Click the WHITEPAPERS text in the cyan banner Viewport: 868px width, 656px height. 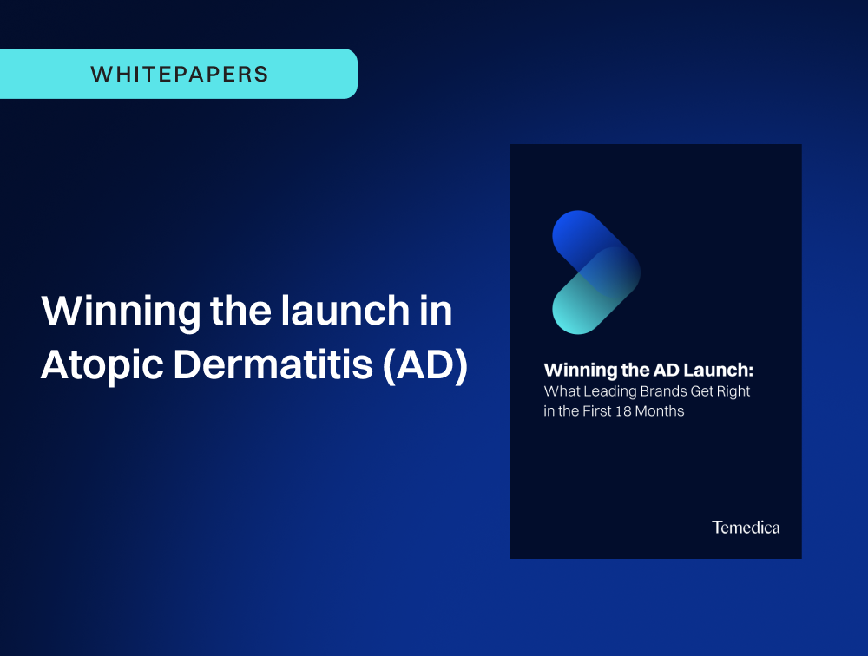tap(180, 74)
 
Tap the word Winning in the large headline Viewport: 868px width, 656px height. tap(121, 312)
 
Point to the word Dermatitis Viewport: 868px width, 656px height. tap(273, 364)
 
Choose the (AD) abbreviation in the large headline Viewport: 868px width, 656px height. tap(425, 365)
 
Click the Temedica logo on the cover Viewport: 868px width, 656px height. tap(746, 527)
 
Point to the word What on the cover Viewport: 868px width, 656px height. tap(562, 391)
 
